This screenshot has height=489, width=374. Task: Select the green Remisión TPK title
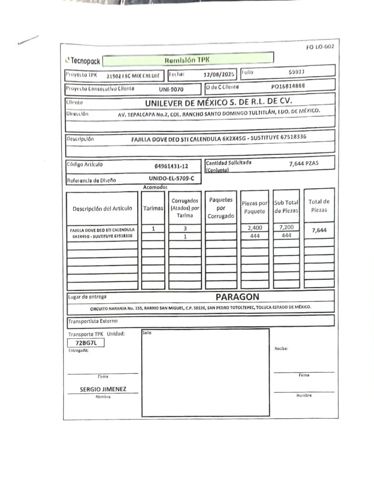[x=187, y=59]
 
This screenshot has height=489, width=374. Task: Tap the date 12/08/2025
[x=220, y=75]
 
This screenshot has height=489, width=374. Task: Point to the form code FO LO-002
[x=320, y=47]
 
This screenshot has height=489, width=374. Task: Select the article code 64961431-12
[x=171, y=166]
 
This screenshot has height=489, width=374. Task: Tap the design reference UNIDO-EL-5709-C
[x=174, y=178]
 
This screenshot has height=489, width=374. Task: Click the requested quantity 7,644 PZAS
[x=304, y=163]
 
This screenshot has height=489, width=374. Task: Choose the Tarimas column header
[x=153, y=209]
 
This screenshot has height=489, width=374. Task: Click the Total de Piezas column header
[x=319, y=206]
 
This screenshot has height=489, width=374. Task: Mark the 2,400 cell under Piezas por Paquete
[x=255, y=228]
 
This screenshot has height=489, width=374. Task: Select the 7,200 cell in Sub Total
[x=286, y=228]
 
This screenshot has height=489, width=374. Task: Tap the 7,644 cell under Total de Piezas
[x=319, y=230]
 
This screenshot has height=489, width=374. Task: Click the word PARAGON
[x=237, y=297]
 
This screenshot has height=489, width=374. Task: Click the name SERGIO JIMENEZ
[x=103, y=389]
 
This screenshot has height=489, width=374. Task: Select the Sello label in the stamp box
[x=147, y=333]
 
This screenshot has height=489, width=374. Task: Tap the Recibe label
[x=281, y=348]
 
